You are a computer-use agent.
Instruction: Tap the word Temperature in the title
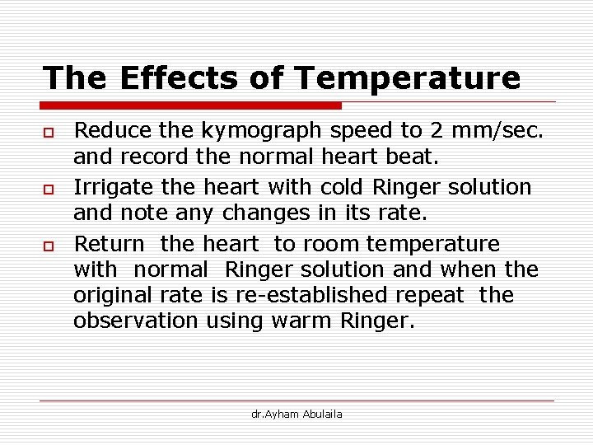(407, 78)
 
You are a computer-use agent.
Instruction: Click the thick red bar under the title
(191, 105)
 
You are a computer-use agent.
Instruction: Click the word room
(330, 245)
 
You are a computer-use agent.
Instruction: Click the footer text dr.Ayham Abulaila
(296, 414)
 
